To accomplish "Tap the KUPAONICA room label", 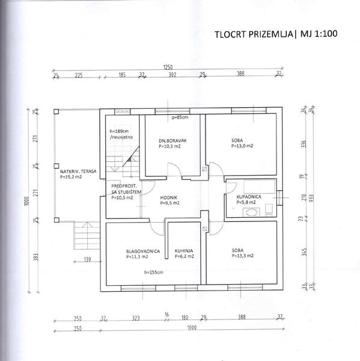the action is (x=249, y=197).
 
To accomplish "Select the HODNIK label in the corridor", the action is (x=169, y=197).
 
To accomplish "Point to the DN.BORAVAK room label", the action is (x=172, y=141).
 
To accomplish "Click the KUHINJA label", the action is (x=184, y=251).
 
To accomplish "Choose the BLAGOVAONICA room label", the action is (x=143, y=251).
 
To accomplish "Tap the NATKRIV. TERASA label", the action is (x=78, y=171).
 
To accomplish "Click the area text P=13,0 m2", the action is (x=242, y=146).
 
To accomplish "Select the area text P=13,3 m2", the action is (x=242, y=256).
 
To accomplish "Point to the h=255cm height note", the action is (x=154, y=273).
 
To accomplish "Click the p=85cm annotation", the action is (x=180, y=117).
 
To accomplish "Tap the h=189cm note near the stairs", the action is (x=119, y=131).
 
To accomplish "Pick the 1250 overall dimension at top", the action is (x=168, y=67).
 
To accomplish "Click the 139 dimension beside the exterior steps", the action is (x=87, y=259).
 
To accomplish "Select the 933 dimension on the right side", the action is (x=311, y=198).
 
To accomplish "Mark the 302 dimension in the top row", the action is (x=172, y=75).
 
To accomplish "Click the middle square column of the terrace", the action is (x=56, y=166).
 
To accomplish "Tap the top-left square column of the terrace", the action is (x=56, y=112).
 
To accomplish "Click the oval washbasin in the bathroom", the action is (x=251, y=212).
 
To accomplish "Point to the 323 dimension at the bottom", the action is (x=136, y=318).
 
